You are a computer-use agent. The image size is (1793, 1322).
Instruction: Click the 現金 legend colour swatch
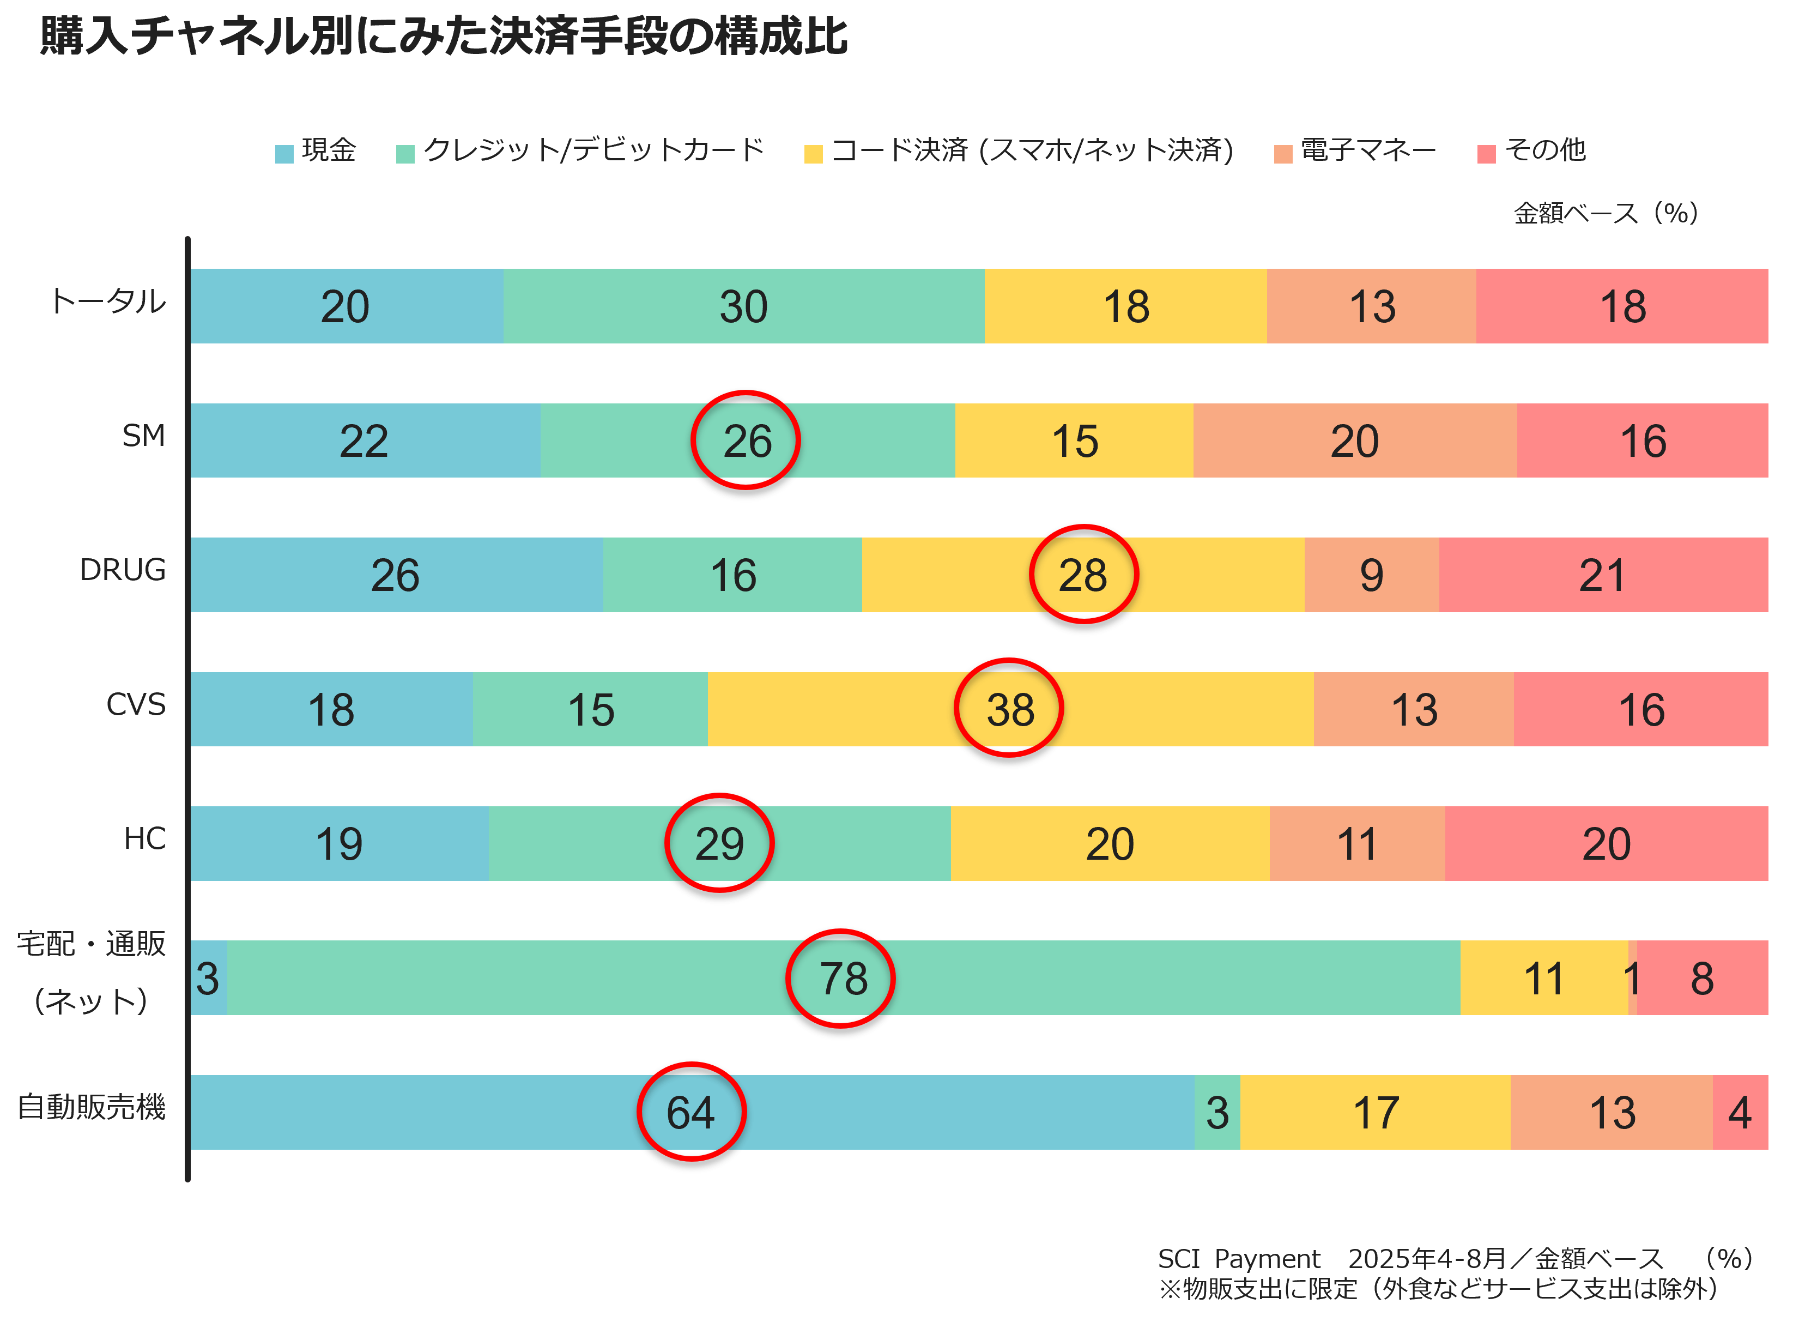click(x=284, y=154)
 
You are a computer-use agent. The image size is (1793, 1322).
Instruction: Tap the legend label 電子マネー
click(x=1367, y=150)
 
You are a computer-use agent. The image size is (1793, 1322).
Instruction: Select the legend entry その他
click(x=1544, y=150)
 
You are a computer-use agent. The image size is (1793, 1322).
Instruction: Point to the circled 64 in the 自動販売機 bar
click(x=691, y=1112)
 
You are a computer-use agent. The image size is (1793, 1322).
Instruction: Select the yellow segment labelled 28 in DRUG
click(x=1082, y=575)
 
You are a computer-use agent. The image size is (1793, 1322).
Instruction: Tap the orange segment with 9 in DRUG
click(x=1371, y=575)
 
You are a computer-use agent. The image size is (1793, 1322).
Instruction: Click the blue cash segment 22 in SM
click(x=364, y=441)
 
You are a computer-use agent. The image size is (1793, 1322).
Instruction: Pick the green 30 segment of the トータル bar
click(x=743, y=306)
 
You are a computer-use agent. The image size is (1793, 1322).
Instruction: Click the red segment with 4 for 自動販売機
click(x=1740, y=1112)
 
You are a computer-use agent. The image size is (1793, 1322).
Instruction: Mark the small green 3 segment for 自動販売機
click(x=1217, y=1112)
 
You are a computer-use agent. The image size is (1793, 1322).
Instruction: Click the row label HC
click(x=145, y=838)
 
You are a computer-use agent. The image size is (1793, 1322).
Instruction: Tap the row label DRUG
click(x=123, y=570)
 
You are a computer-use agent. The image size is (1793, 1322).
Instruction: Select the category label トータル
click(x=108, y=301)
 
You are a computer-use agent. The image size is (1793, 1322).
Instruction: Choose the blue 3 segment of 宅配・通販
click(x=208, y=978)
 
